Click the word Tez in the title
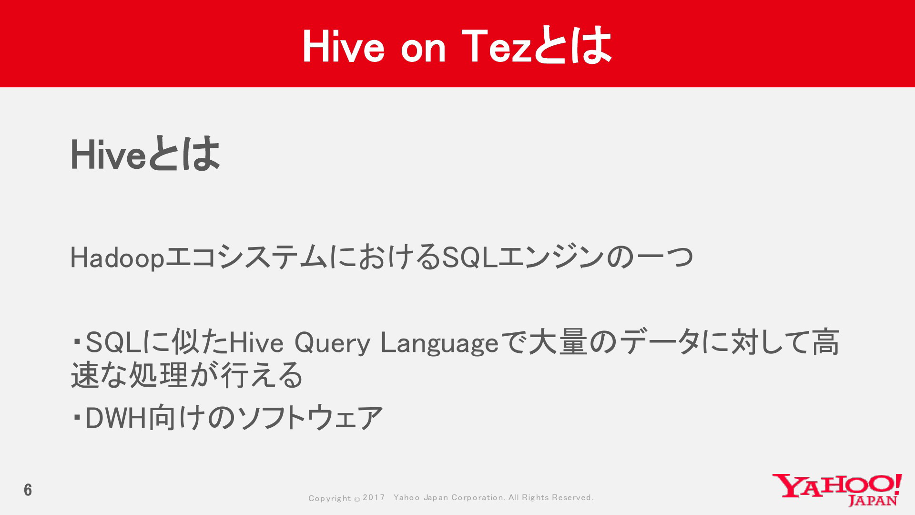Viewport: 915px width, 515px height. click(497, 46)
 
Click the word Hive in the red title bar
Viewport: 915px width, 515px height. click(343, 46)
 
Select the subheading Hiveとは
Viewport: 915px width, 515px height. click(145, 154)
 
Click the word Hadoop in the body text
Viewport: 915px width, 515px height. click(117, 258)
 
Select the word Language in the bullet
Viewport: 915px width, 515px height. click(439, 343)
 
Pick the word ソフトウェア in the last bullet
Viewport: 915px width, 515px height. click(310, 418)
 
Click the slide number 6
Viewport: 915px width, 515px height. click(28, 490)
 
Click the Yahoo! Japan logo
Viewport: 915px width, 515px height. click(837, 490)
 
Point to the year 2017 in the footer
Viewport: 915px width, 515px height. click(374, 497)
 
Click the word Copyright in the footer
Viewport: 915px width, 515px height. click(329, 498)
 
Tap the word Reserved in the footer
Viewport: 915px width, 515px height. click(572, 497)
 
